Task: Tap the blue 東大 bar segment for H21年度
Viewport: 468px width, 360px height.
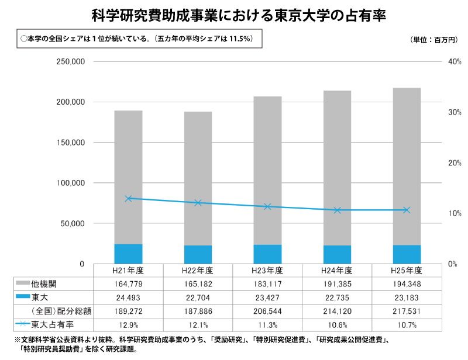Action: click(128, 254)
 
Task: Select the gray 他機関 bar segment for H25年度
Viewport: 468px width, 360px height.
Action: click(407, 166)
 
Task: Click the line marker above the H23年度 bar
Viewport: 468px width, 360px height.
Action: click(267, 206)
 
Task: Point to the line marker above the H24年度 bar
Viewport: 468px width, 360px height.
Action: click(337, 210)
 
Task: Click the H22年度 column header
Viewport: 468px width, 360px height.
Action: click(198, 271)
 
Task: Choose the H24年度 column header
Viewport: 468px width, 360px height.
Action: click(337, 271)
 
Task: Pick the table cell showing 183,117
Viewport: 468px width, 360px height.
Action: click(267, 284)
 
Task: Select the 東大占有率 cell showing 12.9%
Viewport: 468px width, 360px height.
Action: click(128, 324)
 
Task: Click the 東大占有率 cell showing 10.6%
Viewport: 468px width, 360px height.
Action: click(337, 324)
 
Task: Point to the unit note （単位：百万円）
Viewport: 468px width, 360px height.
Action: click(432, 40)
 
